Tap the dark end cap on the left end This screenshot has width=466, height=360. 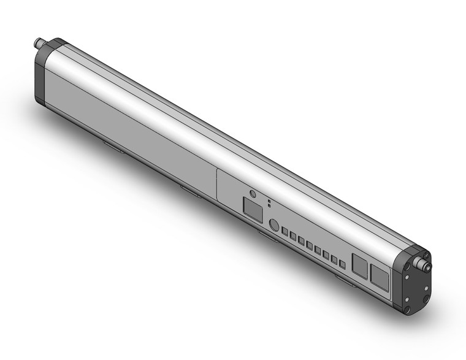coord(44,74)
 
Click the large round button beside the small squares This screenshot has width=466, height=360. coord(274,225)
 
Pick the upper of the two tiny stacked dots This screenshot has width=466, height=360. coord(269,201)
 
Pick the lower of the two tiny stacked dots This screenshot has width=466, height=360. coord(269,206)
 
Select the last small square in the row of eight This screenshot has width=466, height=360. coord(342,264)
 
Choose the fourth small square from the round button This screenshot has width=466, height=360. coord(310,246)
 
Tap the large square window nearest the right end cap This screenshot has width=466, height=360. coord(379,278)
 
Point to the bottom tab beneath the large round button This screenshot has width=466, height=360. coord(265,234)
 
